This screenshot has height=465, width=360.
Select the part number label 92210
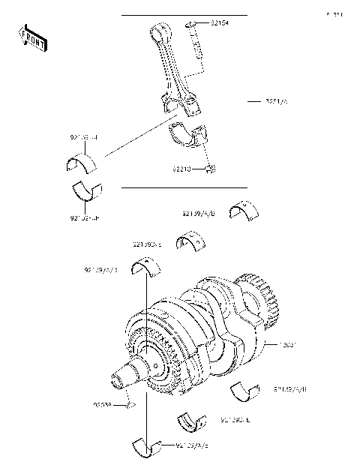[187, 169]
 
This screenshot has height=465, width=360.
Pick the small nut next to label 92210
[211, 169]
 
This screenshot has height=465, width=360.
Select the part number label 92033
[103, 406]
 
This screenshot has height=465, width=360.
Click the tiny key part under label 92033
[130, 406]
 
